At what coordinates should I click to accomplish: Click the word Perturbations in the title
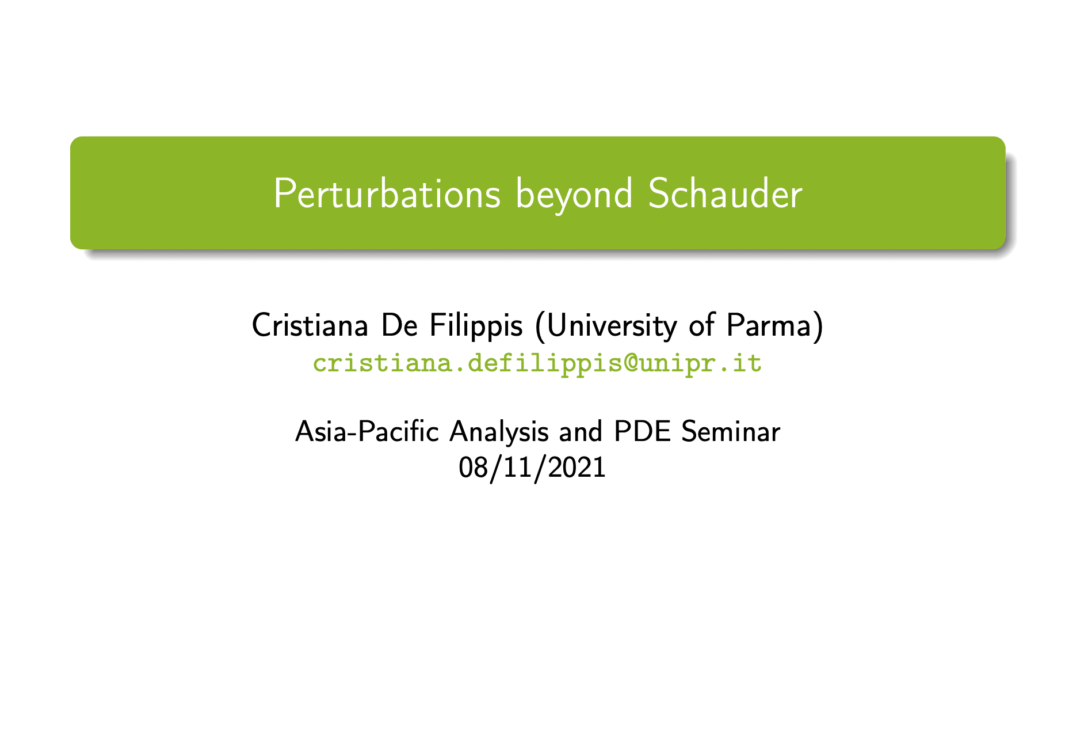[x=387, y=194]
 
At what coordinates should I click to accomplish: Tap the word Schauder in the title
[x=725, y=194]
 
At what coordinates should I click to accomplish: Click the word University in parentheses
[x=612, y=326]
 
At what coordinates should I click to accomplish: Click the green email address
[x=537, y=363]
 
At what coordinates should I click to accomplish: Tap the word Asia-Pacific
[x=367, y=431]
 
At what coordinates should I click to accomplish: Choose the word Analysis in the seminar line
[x=499, y=432]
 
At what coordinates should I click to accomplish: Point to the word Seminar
[x=731, y=431]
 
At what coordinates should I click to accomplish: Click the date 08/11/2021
[x=532, y=467]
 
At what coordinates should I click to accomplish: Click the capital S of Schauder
[x=657, y=194]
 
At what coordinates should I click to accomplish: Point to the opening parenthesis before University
[x=539, y=326]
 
